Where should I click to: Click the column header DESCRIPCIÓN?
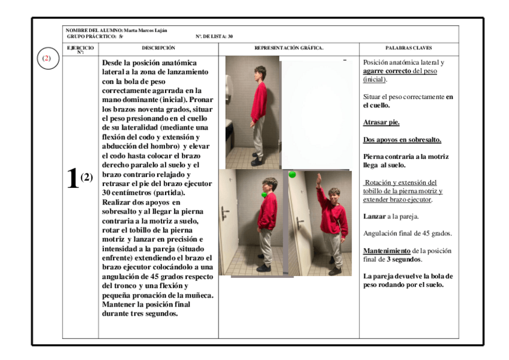[158, 47]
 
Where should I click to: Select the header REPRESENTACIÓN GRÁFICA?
[289, 47]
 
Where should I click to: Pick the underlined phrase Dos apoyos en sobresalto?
[402, 140]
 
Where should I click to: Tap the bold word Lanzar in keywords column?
[373, 216]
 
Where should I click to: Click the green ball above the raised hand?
[292, 175]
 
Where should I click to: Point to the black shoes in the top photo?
[256, 161]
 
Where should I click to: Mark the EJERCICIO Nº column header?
[80, 47]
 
